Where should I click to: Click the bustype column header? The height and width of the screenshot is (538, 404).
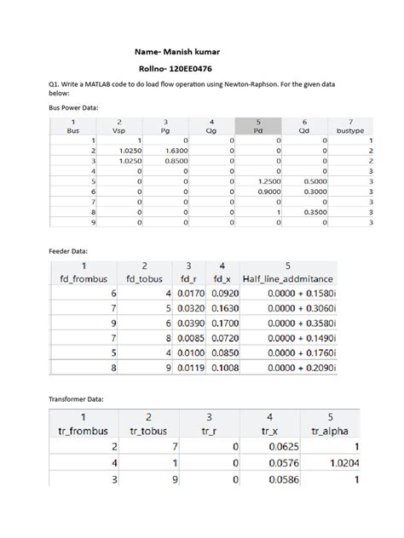pyautogui.click(x=351, y=131)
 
